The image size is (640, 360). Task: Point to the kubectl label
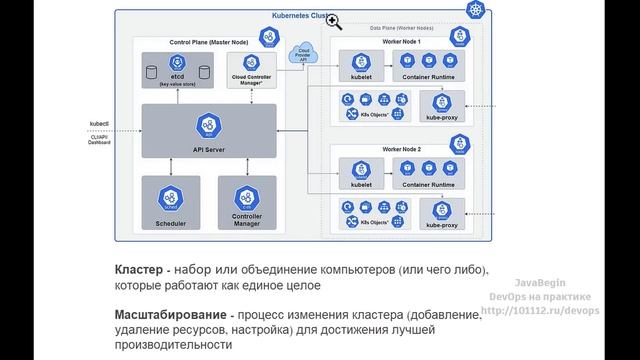pos(100,125)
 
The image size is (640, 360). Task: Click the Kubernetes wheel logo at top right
pos(473,11)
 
